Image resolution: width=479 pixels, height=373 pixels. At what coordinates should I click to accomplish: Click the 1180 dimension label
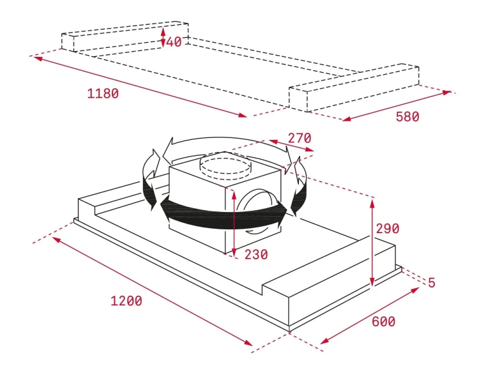coord(103,93)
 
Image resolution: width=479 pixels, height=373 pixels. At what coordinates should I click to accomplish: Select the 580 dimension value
coord(407,116)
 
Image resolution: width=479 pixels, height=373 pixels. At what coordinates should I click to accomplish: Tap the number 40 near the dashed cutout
coord(174,42)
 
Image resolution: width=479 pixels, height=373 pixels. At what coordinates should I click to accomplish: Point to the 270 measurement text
coord(300,138)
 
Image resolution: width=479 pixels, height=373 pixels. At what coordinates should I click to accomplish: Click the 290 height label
coord(388,229)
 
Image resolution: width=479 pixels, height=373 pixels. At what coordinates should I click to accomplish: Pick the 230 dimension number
coord(256,254)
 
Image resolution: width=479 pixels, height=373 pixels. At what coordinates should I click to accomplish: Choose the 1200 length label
coord(126,301)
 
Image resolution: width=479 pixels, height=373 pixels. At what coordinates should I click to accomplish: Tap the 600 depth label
coord(384,321)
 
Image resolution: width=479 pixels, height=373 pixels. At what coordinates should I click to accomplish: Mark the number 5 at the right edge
coord(431,282)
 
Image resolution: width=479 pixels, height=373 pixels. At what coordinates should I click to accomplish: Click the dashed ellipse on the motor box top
coord(225,167)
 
